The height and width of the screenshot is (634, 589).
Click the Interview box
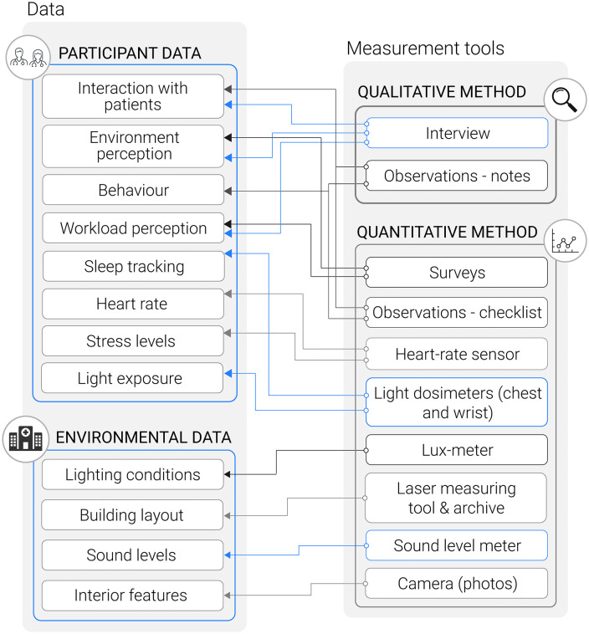click(457, 133)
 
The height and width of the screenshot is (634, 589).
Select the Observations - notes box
click(457, 176)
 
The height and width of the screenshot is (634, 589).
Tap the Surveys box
click(457, 273)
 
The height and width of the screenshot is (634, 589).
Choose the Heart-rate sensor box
click(457, 354)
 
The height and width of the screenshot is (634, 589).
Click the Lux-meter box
click(457, 450)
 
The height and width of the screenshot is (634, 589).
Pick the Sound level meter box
click(457, 545)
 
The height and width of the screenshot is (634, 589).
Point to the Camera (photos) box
click(457, 584)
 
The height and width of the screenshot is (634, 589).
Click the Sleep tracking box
click(134, 267)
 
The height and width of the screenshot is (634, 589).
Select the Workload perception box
click(134, 228)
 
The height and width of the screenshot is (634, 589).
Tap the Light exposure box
click(132, 378)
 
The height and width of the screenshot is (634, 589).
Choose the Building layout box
click(132, 515)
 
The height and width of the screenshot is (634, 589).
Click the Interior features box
click(133, 596)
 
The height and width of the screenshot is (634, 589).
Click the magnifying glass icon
click(565, 100)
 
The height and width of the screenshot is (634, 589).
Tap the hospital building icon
click(25, 439)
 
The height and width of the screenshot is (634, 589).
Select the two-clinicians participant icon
click(28, 58)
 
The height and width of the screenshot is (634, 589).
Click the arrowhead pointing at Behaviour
click(228, 191)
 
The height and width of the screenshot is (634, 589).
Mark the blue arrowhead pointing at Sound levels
click(228, 555)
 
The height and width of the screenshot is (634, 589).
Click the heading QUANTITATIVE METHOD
click(447, 232)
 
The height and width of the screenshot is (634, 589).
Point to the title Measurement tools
click(425, 49)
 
